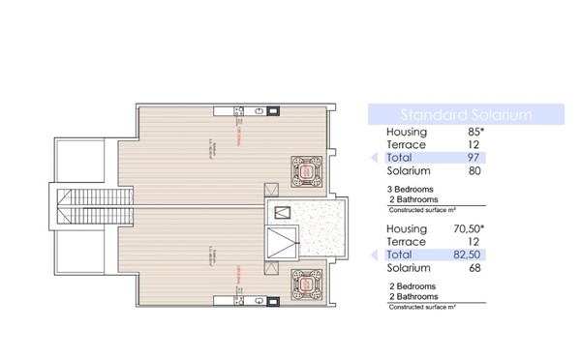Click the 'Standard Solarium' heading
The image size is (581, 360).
tap(452, 114)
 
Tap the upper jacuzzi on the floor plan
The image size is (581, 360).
tap(308, 173)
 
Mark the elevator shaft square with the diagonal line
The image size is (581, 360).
tap(282, 213)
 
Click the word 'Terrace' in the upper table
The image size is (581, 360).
tap(406, 144)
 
